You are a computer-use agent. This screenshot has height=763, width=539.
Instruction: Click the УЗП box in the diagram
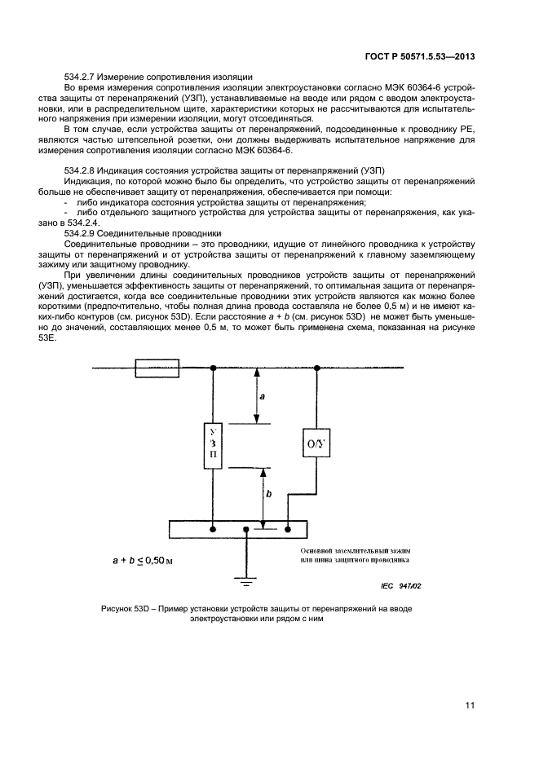pos(213,446)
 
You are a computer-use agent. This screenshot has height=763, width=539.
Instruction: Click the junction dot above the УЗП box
pos(213,368)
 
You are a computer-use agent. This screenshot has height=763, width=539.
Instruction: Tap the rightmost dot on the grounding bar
pos(288,529)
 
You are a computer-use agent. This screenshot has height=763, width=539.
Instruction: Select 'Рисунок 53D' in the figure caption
pos(130,610)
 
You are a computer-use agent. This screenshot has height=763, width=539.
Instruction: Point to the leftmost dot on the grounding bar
pos(213,529)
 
